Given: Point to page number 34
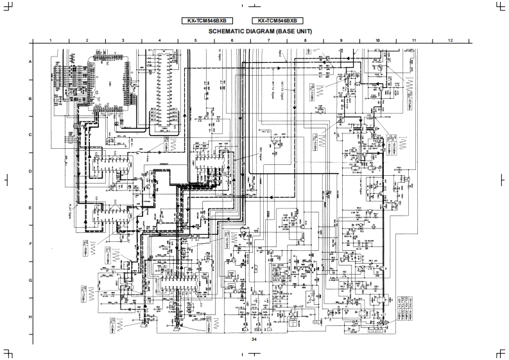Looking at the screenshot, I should click(254, 339).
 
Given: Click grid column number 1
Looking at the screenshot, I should click(50, 40).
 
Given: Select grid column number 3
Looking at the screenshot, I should click(123, 40).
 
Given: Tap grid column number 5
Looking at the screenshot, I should click(196, 40).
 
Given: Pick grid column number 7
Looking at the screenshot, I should click(269, 40).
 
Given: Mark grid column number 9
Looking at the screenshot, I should click(341, 40).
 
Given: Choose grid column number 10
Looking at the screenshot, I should click(378, 40).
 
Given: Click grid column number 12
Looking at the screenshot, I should click(451, 40).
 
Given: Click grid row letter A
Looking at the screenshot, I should click(29, 62).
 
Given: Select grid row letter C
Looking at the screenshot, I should click(29, 135).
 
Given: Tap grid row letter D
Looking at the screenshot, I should click(29, 171).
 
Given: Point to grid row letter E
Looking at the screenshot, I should click(29, 208).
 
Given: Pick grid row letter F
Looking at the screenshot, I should click(29, 244).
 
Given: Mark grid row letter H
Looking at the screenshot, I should click(29, 317).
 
